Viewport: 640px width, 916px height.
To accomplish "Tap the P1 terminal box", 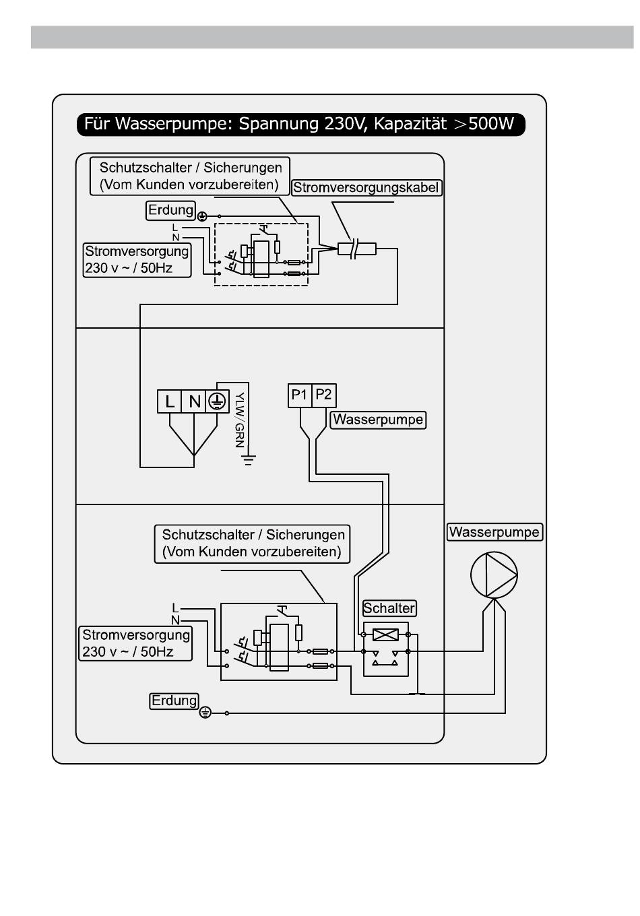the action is point(300,395).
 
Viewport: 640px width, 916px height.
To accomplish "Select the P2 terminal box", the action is point(324,395).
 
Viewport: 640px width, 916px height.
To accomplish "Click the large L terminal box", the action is point(169,401).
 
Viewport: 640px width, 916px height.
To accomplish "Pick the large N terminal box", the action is point(193,401).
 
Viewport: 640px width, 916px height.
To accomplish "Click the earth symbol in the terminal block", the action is point(217,401).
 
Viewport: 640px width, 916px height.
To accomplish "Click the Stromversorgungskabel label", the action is point(366,188).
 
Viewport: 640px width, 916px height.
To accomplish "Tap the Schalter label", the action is point(389,608).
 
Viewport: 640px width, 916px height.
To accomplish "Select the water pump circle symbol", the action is point(494,575).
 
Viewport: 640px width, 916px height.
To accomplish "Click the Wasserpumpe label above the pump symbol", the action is point(494,532).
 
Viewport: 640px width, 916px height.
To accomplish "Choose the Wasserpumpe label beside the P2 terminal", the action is point(378,420).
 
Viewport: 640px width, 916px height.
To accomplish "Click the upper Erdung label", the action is point(170,210).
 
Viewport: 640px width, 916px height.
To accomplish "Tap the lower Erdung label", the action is point(174,700).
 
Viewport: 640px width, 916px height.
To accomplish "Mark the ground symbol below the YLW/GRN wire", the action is point(249,460).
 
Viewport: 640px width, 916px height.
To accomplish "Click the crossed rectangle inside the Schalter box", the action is point(385,634).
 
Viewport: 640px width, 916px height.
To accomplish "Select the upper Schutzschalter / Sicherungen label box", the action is point(190,176).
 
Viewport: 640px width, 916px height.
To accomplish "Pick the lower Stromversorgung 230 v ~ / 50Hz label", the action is point(135,643).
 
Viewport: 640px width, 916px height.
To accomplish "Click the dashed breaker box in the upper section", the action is point(261,255).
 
